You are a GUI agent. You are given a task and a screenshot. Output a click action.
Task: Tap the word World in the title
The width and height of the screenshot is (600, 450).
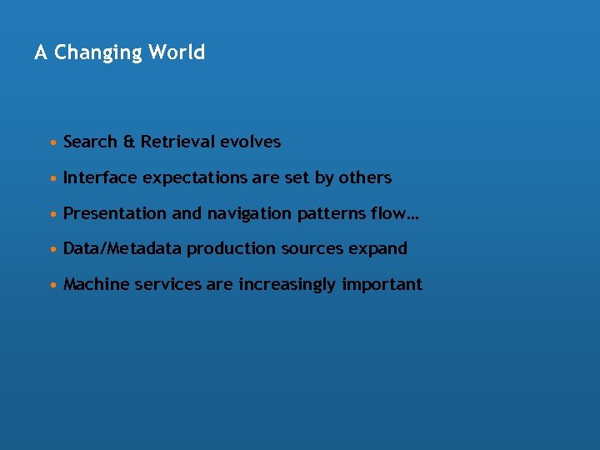[x=177, y=52]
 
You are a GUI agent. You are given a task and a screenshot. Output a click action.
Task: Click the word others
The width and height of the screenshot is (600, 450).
[x=365, y=177]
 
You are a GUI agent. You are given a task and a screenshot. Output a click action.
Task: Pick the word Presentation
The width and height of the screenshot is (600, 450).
[x=115, y=213]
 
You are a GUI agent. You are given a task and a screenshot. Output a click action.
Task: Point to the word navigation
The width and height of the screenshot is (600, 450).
[x=248, y=214]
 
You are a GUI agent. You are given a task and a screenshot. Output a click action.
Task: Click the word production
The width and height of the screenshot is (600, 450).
[x=232, y=249]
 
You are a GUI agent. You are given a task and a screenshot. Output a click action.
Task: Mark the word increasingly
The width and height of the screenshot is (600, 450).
[x=287, y=285]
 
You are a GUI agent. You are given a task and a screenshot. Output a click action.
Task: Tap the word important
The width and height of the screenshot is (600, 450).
[x=382, y=285]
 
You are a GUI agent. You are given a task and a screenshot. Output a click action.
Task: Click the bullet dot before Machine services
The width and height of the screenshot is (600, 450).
[x=53, y=285]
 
